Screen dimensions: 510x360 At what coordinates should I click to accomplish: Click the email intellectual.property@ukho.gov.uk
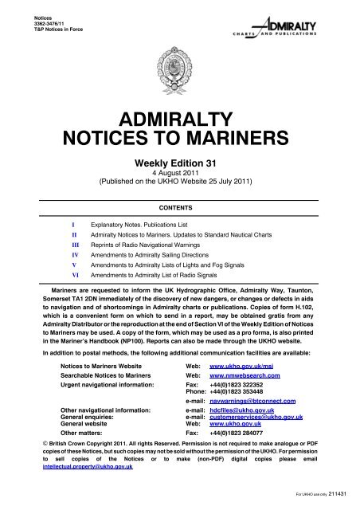pos(66,479)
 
